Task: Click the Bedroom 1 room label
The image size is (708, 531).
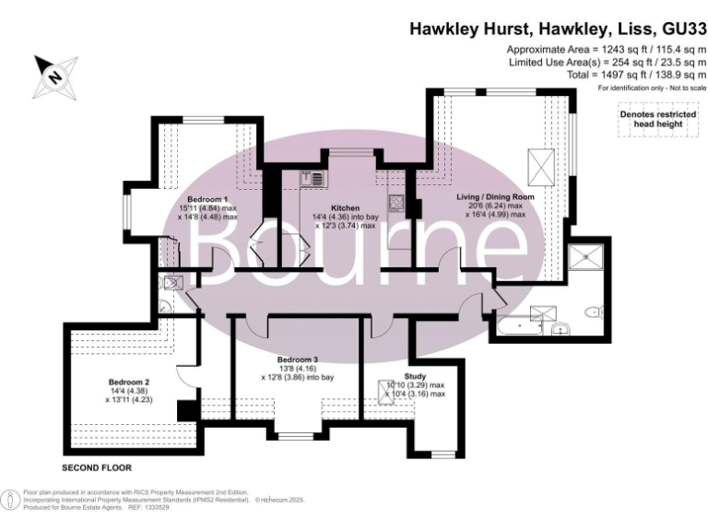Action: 207,199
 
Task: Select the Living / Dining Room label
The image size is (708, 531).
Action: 496,197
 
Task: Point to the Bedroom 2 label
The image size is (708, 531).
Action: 128,382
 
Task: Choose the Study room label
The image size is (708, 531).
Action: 416,375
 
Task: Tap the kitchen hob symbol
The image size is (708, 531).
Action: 396,203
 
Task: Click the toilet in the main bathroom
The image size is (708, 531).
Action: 595,312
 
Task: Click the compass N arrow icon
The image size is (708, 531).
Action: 51,74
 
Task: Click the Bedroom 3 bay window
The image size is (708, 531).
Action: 298,435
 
